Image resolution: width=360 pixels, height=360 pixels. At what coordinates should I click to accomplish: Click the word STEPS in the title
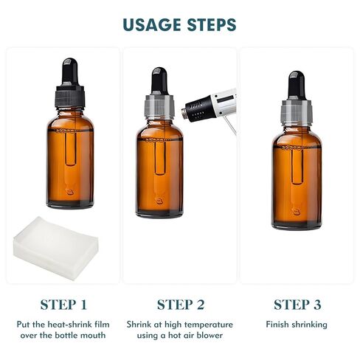pos(209,24)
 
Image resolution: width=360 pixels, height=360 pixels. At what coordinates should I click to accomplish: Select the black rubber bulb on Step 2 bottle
pos(160,81)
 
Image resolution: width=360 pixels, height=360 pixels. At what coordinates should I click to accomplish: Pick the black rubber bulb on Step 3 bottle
pos(297,85)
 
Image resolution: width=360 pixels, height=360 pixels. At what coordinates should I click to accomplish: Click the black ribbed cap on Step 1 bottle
pos(70,97)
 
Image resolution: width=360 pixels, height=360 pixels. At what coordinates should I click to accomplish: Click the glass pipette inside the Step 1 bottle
pos(70,159)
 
